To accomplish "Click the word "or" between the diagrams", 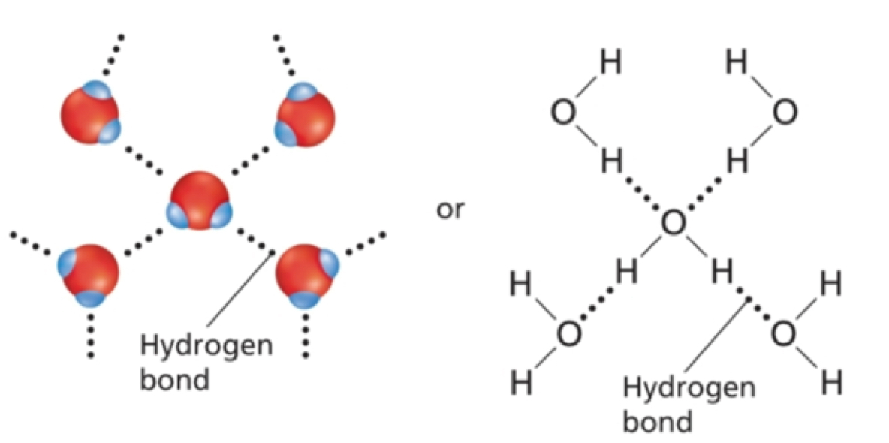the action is click(x=451, y=211).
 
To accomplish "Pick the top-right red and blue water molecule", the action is click(x=305, y=116).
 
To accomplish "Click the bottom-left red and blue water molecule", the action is click(x=89, y=273).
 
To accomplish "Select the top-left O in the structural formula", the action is click(x=563, y=113).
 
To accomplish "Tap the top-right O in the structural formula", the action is click(x=784, y=113).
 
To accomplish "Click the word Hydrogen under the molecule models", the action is click(x=206, y=348).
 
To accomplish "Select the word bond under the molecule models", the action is click(x=174, y=379).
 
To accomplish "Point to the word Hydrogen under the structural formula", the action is click(x=689, y=389).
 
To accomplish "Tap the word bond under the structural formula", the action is click(x=657, y=421).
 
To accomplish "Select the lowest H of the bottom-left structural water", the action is click(x=522, y=384).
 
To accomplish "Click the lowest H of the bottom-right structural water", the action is click(x=830, y=384).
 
